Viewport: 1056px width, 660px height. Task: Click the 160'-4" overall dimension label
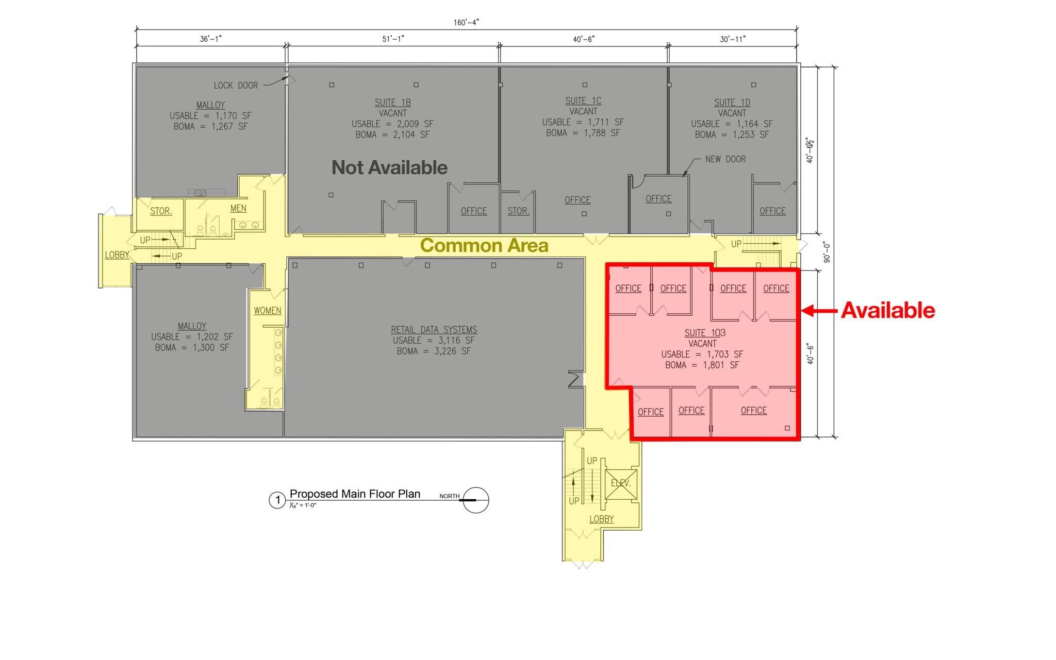click(466, 23)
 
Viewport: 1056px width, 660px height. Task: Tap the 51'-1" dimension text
click(393, 39)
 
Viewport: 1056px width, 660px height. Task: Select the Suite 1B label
click(393, 103)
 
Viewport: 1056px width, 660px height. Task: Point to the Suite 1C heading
click(583, 101)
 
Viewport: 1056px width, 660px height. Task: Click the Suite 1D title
click(732, 103)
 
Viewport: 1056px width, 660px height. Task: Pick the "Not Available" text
click(389, 167)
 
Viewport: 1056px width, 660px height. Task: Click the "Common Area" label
click(484, 246)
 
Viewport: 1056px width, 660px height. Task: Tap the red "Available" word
click(888, 311)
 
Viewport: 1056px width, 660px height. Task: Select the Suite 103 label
click(705, 333)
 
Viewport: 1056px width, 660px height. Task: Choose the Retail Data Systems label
click(434, 330)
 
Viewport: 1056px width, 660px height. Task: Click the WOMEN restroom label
click(267, 311)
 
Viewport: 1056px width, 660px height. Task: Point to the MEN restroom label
click(238, 208)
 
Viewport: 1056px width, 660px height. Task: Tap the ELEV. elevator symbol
click(621, 484)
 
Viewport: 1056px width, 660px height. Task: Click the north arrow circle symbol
click(475, 500)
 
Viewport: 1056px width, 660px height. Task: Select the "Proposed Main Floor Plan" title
click(355, 494)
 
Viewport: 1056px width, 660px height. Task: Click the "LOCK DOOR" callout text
click(236, 86)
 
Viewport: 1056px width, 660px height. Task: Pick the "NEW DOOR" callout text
click(725, 159)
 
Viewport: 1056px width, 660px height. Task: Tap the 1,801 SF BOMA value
click(721, 365)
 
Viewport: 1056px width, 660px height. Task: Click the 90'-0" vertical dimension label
click(827, 252)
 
